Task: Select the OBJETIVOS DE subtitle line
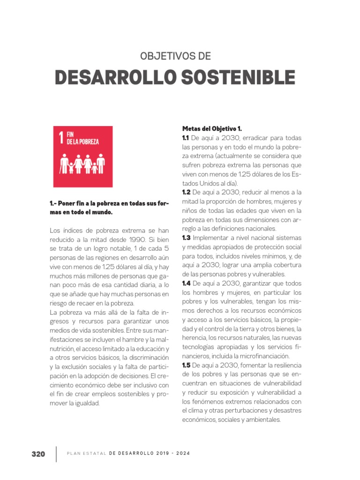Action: [176, 56]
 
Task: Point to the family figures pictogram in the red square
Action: [82, 164]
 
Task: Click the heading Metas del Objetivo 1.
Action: [212, 129]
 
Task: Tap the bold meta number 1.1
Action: [185, 138]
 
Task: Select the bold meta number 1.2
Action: [186, 192]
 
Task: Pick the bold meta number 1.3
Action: [186, 238]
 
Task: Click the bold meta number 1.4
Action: [186, 283]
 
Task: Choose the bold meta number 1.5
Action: [186, 365]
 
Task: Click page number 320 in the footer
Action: [38, 454]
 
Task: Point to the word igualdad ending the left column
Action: [87, 403]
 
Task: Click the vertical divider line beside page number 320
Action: [56, 454]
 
